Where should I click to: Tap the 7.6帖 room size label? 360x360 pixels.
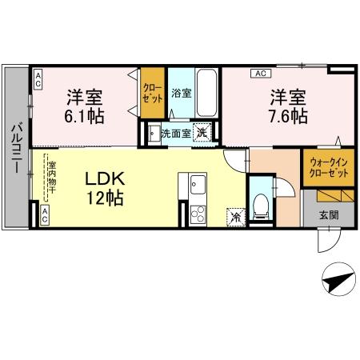pos(288,116)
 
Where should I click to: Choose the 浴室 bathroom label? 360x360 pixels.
pos(181,94)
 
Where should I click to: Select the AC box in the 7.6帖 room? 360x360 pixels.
pos(260,73)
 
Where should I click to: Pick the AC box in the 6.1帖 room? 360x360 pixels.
pos(38,78)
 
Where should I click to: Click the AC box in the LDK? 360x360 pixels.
pos(44,214)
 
